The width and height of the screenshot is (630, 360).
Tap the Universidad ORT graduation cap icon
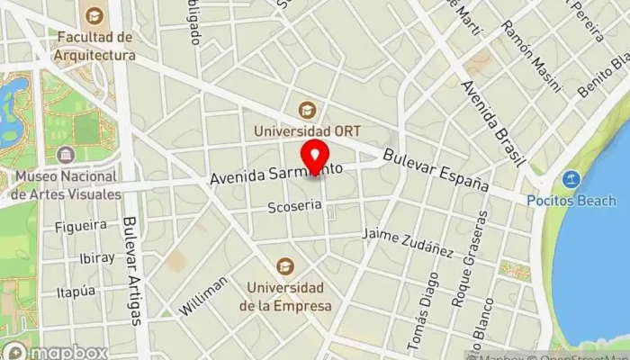click(x=309, y=110)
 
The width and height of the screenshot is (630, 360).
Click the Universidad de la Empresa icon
click(x=285, y=265)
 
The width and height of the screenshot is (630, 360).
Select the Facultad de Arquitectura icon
click(x=94, y=16)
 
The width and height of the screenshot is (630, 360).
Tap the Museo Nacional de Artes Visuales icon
click(x=65, y=155)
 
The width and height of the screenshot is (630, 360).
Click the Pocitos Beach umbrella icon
click(x=571, y=179)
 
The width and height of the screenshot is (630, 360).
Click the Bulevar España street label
click(x=436, y=169)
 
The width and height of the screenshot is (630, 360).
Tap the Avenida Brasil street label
click(x=491, y=123)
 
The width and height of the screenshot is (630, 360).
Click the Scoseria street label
click(x=294, y=206)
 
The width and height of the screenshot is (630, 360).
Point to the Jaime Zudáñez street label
click(x=408, y=242)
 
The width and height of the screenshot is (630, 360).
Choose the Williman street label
click(x=203, y=295)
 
